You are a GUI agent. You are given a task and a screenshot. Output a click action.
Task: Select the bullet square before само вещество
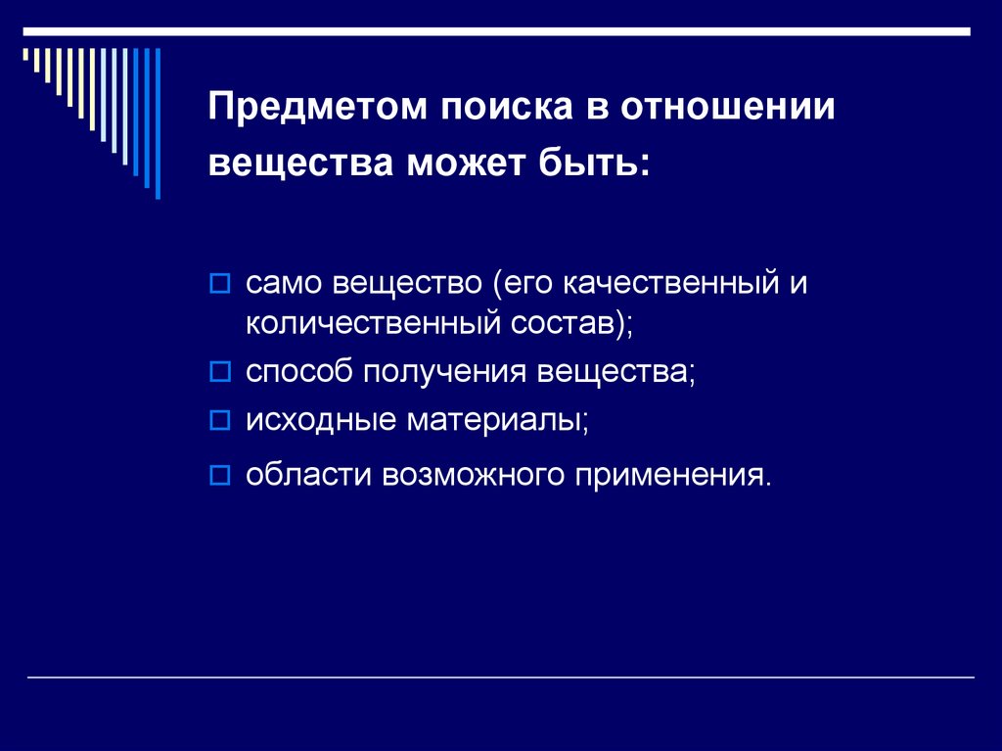click(220, 286)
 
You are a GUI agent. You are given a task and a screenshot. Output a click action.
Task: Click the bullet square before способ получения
click(220, 373)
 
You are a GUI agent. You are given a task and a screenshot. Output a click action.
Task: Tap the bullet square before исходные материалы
click(220, 421)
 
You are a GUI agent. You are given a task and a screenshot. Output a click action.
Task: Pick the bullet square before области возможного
click(220, 476)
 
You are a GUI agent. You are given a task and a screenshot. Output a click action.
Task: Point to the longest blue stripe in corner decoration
click(158, 122)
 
